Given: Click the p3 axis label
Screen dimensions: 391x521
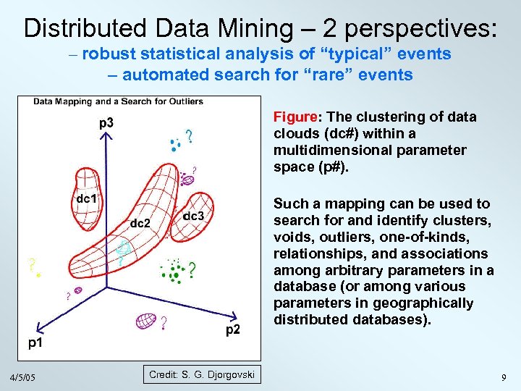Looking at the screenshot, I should tap(106, 123).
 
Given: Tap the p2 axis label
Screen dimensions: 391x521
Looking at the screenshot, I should tap(233, 330).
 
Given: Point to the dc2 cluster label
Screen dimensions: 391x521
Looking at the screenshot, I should tap(140, 223).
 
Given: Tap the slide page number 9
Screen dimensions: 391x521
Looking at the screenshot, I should tap(503, 377).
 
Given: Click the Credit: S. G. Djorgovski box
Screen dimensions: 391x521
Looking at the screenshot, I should tap(202, 374).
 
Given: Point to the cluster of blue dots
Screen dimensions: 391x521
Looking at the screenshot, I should tap(174, 145).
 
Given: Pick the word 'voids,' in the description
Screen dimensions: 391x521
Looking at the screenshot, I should tap(290, 237).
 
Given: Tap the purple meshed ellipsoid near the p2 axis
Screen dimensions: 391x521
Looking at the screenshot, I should tap(146, 319).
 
